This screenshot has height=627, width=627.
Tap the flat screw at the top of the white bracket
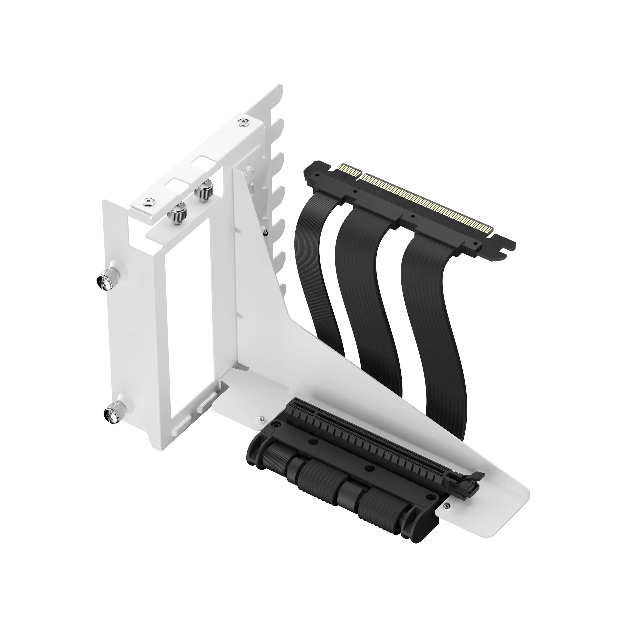pos(242,122)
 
